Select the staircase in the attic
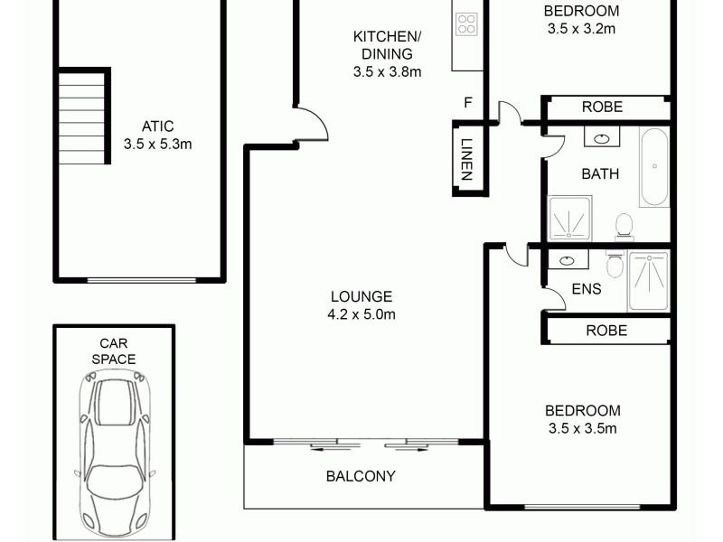82,117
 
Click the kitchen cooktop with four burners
466,23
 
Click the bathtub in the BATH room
653,167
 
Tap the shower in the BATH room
570,220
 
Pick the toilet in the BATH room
623,225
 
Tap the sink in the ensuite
568,260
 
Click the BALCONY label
361,476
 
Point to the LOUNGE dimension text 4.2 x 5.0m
362,314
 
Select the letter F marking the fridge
467,102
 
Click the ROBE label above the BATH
602,107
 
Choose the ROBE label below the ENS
606,330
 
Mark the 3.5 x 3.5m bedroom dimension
582,429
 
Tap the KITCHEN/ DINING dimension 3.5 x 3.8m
388,72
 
